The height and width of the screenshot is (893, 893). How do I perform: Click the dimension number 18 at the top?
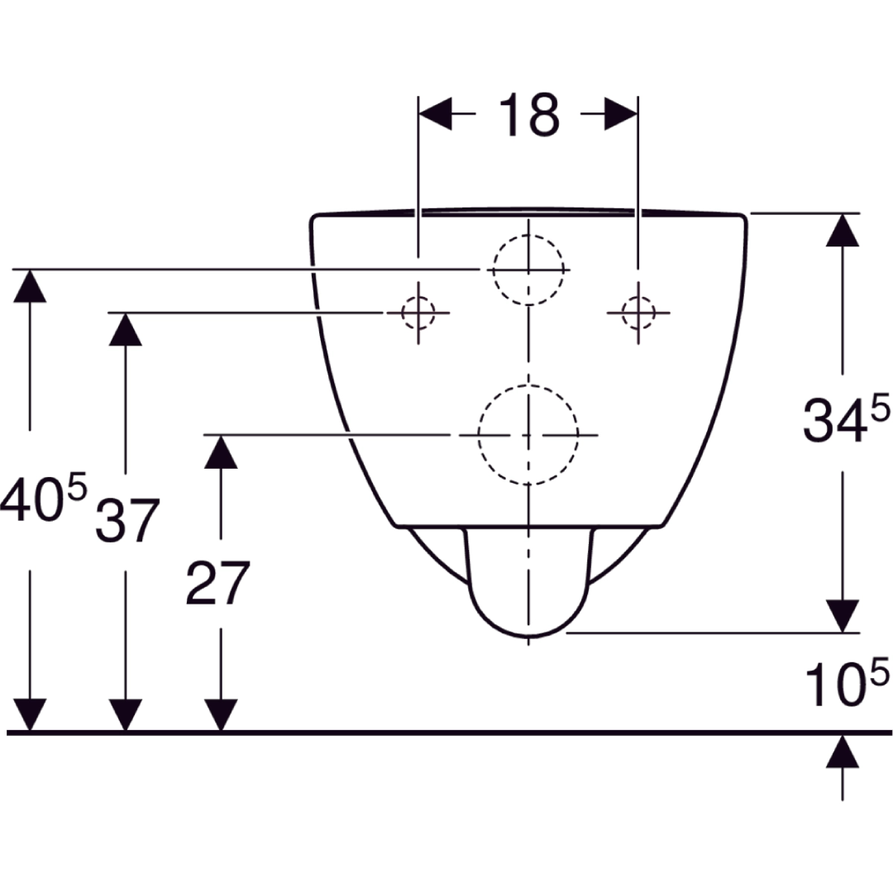(x=528, y=116)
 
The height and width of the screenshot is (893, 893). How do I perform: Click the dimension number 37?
(x=127, y=522)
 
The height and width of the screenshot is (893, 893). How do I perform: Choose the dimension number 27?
(x=217, y=583)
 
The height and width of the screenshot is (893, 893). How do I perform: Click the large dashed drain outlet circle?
(x=528, y=435)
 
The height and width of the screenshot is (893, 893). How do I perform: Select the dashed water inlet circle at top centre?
(x=528, y=270)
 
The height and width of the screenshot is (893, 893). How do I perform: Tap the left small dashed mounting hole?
(x=418, y=313)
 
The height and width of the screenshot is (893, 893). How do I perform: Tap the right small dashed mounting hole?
(x=638, y=313)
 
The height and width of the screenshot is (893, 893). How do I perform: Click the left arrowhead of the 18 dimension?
(x=436, y=115)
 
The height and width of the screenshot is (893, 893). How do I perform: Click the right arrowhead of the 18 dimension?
(x=620, y=115)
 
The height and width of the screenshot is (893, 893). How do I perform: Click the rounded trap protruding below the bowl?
(x=528, y=587)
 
